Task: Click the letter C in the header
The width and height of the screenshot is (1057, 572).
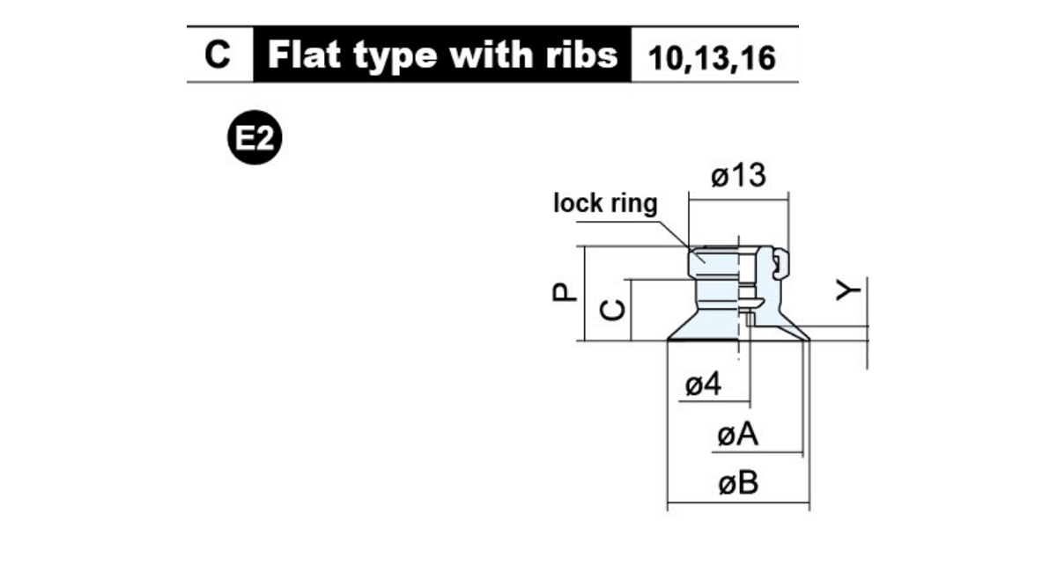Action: (218, 55)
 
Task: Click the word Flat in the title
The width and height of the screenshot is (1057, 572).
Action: (304, 55)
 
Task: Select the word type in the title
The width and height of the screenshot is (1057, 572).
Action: (395, 57)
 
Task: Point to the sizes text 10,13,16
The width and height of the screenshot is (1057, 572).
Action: (712, 58)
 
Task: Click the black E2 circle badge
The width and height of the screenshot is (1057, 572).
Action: (255, 137)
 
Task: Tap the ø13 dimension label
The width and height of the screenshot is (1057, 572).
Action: (738, 175)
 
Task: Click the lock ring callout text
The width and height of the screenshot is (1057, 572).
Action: (605, 203)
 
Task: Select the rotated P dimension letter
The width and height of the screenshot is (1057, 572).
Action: (565, 292)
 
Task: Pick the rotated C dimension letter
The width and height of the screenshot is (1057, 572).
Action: (612, 311)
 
